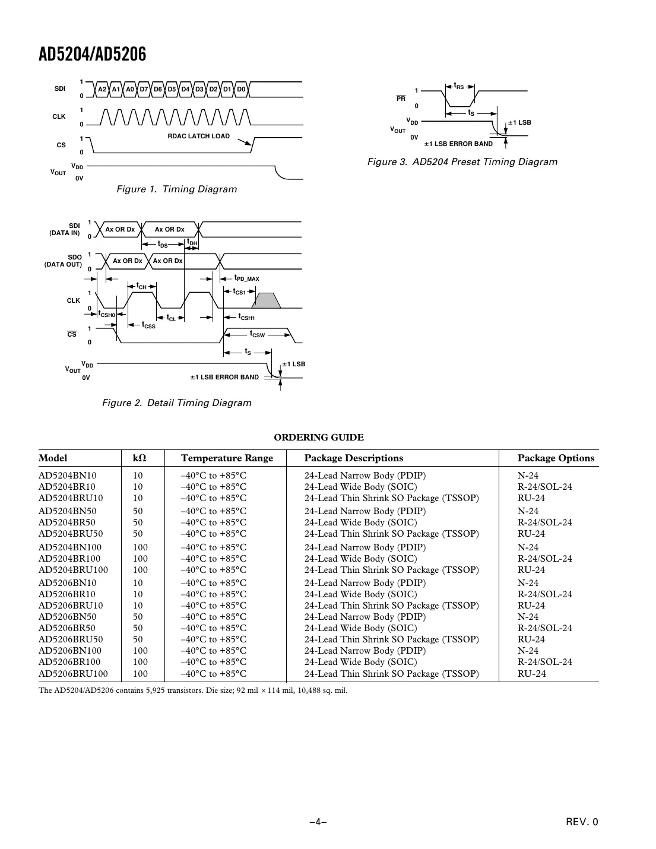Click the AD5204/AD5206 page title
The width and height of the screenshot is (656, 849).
[92, 55]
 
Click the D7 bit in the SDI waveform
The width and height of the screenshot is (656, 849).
[144, 90]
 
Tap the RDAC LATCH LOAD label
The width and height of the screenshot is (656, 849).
[198, 136]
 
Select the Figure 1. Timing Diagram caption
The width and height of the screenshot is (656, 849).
[176, 189]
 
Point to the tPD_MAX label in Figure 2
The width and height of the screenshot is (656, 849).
[246, 278]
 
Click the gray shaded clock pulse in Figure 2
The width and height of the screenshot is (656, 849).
[267, 300]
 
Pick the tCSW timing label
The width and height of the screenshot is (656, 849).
[257, 335]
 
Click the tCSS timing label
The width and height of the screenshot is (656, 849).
[148, 326]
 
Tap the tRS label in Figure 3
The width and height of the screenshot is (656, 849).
[459, 87]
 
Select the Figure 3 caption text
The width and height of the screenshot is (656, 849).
[462, 162]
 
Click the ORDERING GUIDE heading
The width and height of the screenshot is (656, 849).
[318, 438]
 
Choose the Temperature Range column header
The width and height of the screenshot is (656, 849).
[227, 458]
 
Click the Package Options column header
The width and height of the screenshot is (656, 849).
[556, 458]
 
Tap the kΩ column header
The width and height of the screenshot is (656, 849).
[139, 458]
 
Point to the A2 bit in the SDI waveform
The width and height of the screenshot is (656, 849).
[102, 90]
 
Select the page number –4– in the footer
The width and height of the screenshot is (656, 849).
[318, 822]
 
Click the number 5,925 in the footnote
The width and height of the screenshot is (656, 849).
[157, 690]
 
